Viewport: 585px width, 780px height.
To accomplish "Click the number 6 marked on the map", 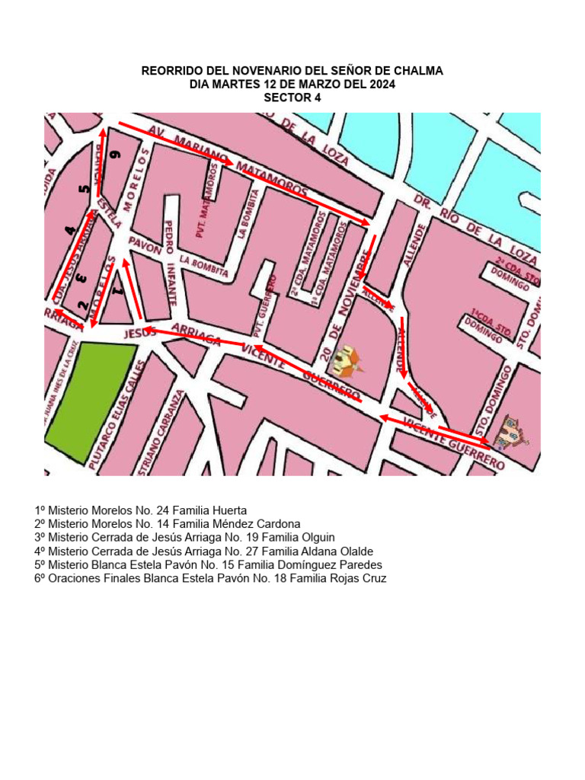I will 115,155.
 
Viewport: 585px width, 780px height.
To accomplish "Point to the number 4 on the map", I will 71,229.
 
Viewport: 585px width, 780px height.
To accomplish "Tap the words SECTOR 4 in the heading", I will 292,97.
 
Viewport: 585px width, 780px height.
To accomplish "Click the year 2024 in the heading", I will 381,85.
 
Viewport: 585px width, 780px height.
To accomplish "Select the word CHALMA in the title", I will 417,71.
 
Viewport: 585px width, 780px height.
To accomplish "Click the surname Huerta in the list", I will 231,510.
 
